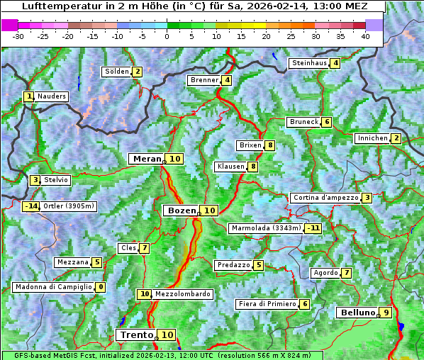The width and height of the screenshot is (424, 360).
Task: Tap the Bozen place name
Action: pos(180,210)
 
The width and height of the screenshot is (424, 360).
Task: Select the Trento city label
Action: pos(136,334)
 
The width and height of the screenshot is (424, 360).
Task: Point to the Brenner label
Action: pos(204,80)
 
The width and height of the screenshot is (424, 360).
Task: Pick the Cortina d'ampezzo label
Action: pos(325,198)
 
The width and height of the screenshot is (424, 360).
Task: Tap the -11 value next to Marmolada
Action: pos(313,228)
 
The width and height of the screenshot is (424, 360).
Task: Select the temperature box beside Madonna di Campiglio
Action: pos(101,287)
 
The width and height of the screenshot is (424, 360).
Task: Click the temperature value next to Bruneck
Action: pos(326,122)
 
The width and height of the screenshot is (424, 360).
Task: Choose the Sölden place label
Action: pos(117,72)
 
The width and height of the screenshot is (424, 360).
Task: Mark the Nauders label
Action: pos(52,96)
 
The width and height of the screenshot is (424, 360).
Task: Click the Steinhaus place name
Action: pos(309,63)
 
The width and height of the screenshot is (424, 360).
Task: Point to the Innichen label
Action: pos(372,138)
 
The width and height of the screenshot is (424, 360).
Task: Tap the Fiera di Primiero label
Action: pos(267,304)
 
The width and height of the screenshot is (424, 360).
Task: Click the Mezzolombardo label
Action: pos(182,294)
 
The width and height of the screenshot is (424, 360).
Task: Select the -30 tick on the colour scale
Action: pos(18,36)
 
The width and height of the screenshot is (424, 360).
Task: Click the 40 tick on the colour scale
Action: pos(364,36)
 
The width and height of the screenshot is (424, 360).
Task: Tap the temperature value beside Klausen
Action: pos(253,167)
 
